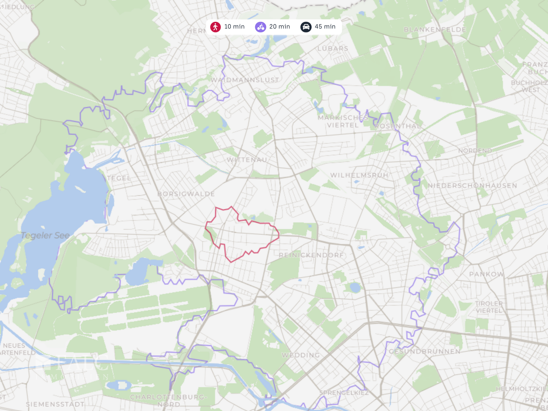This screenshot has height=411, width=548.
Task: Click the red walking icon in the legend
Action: [x=215, y=27]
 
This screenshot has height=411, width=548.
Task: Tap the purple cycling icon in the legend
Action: [x=260, y=27]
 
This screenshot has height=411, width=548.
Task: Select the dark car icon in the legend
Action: [x=306, y=27]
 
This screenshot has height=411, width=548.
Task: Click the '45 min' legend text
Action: [x=325, y=27]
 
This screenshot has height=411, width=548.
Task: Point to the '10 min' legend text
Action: [x=234, y=27]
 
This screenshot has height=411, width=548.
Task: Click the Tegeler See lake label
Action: [x=45, y=235]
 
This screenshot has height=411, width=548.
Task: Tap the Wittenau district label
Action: [x=247, y=160]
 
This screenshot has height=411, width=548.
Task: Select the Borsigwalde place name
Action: [x=186, y=194]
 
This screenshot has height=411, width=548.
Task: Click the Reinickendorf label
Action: [x=311, y=255]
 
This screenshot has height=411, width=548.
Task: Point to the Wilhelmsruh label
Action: [x=359, y=175]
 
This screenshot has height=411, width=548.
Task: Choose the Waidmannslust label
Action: [x=245, y=80]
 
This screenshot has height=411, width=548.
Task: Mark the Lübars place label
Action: [x=333, y=49]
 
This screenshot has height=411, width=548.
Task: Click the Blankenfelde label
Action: [x=435, y=29]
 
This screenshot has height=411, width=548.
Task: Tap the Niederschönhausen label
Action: [x=472, y=186]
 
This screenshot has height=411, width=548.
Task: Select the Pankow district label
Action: [x=487, y=274]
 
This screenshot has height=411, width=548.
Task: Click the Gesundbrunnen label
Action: [x=425, y=352]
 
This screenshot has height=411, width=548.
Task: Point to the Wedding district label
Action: [x=301, y=355]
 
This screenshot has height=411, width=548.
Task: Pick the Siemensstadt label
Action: [x=55, y=404]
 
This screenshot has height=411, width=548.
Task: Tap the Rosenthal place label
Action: [x=398, y=126]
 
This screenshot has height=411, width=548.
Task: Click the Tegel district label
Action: [x=119, y=178]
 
